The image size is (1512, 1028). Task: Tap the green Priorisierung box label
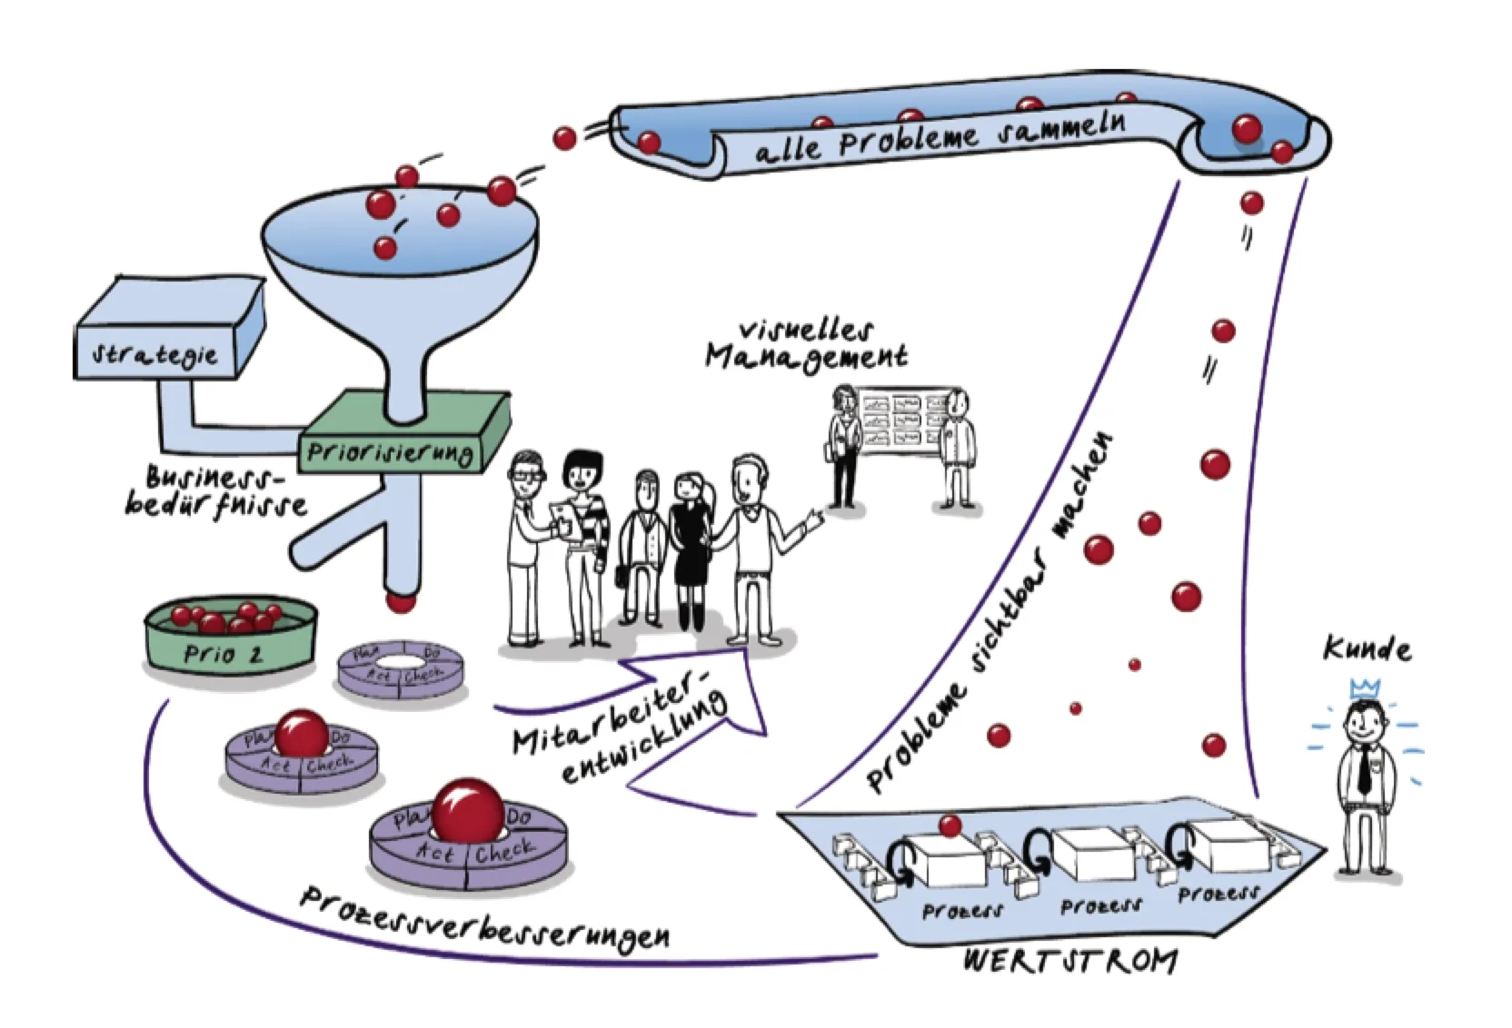point(390,451)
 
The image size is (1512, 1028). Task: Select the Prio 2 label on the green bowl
point(223,654)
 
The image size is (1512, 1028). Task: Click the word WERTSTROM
point(1069,961)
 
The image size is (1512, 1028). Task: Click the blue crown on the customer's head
point(1365,689)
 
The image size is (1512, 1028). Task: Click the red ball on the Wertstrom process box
point(950,825)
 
